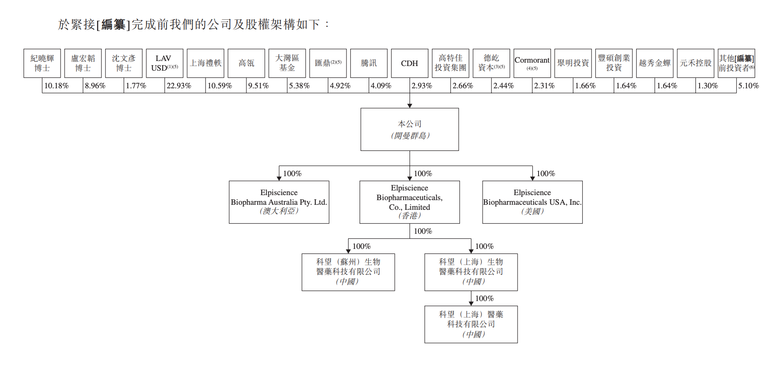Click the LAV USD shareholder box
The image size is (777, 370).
(x=164, y=63)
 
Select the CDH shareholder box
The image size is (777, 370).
(x=410, y=63)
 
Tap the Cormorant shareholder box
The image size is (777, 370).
(x=532, y=63)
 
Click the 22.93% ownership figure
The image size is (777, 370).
(x=179, y=86)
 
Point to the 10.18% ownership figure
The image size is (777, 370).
(x=56, y=86)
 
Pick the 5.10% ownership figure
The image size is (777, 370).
(x=748, y=86)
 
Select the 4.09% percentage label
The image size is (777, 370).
(x=381, y=86)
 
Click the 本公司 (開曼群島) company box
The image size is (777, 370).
(x=410, y=129)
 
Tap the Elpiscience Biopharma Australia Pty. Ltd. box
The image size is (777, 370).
(x=279, y=202)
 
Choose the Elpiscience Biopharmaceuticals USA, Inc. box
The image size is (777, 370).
(x=532, y=202)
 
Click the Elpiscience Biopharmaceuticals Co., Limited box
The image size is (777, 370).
(x=410, y=202)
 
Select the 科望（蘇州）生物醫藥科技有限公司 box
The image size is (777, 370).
(x=348, y=272)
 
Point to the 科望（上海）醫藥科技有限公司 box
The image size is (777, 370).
(x=471, y=324)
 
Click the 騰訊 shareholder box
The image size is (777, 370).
(x=369, y=63)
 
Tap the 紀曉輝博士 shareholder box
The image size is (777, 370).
(x=42, y=63)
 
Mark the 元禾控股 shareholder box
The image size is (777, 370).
(x=695, y=63)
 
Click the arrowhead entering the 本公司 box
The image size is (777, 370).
(x=410, y=106)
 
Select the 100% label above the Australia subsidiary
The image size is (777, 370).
(x=292, y=174)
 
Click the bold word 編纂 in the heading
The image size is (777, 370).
(x=114, y=25)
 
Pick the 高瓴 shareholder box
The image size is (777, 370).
(x=246, y=63)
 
